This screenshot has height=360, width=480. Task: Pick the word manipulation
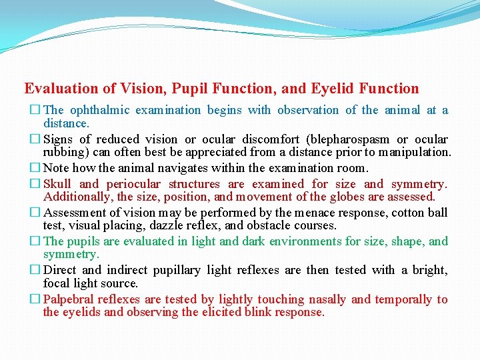click(418, 152)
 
